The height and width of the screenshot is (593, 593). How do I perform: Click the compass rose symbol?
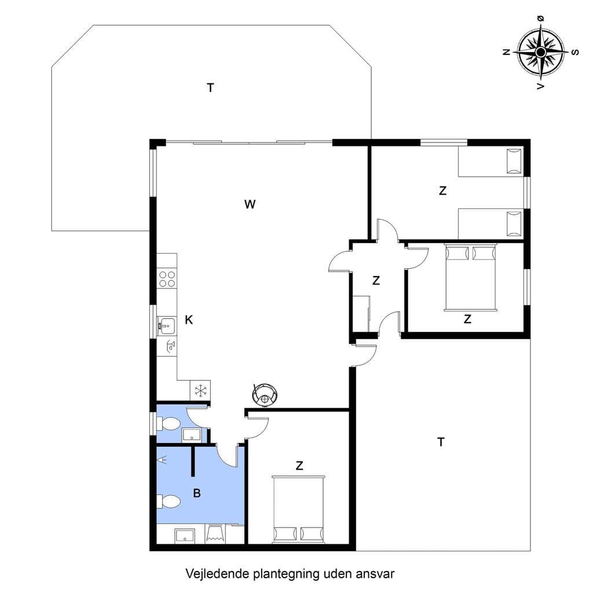click(x=541, y=52)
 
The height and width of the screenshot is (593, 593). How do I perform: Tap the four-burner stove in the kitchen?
click(x=167, y=279)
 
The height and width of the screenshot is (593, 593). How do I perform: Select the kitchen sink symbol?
click(x=166, y=325)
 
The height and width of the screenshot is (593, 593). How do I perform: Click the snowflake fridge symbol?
click(x=200, y=390)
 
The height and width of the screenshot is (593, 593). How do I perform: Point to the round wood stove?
click(x=265, y=394)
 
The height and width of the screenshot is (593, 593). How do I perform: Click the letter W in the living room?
click(x=250, y=204)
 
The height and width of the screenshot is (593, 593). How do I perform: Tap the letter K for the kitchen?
click(x=189, y=320)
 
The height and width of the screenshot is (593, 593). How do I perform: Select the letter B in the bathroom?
click(x=197, y=493)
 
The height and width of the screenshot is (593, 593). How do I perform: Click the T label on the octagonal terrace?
click(x=211, y=88)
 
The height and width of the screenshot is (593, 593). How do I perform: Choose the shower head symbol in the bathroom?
click(x=162, y=460)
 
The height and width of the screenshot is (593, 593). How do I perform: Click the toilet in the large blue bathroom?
click(x=169, y=502)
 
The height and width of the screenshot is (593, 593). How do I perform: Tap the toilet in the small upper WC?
click(x=168, y=423)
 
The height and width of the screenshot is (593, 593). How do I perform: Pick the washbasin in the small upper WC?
click(x=192, y=435)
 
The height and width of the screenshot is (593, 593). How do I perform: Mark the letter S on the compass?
click(x=575, y=52)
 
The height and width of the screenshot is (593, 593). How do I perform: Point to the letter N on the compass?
click(x=507, y=52)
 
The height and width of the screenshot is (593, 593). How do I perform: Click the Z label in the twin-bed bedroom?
click(x=442, y=191)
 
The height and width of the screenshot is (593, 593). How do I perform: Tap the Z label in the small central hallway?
click(x=376, y=281)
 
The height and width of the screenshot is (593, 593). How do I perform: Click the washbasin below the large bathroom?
click(x=185, y=535)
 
